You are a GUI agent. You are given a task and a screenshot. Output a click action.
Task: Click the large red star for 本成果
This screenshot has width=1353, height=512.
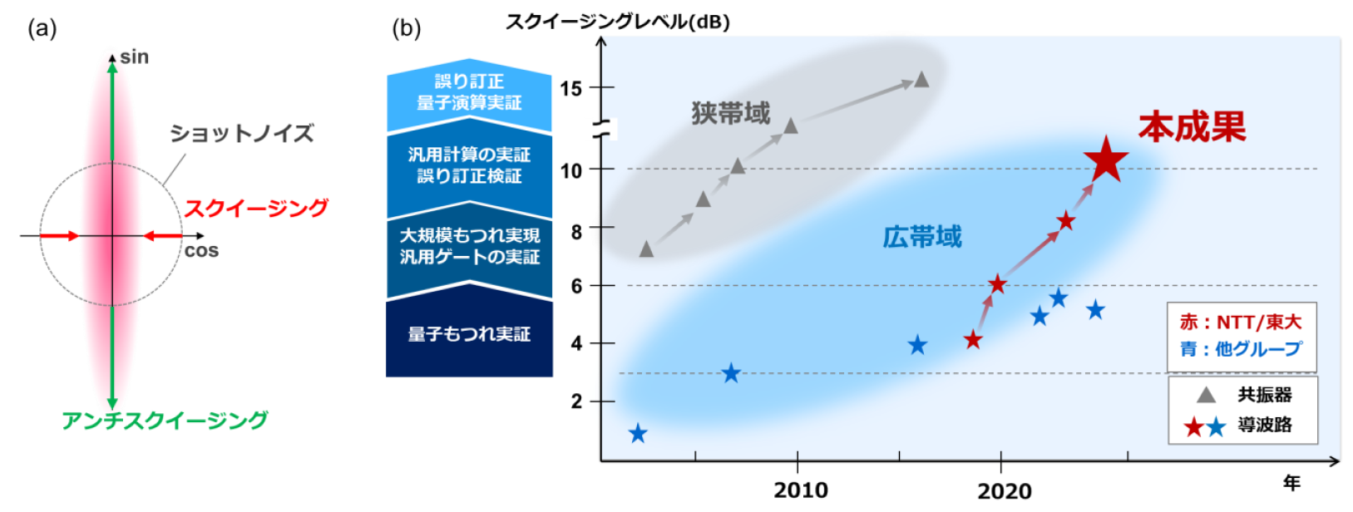click(x=1106, y=160)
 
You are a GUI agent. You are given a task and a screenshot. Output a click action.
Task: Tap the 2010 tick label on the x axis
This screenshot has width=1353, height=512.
click(x=800, y=490)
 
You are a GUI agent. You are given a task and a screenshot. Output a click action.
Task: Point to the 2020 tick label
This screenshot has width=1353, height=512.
click(x=1004, y=490)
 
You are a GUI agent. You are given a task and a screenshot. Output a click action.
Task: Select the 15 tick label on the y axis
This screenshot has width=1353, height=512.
click(x=570, y=88)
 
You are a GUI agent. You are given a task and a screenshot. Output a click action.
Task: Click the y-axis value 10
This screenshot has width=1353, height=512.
click(x=570, y=170)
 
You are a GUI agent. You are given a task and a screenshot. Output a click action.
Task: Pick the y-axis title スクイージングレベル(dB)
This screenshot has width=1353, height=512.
click(x=618, y=22)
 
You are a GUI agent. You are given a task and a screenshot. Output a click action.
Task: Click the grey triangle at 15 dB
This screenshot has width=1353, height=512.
click(x=921, y=80)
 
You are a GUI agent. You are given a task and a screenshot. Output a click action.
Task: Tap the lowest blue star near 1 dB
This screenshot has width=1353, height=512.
click(x=638, y=434)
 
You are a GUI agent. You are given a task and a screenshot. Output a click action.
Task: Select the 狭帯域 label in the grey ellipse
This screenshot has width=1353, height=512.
click(x=731, y=114)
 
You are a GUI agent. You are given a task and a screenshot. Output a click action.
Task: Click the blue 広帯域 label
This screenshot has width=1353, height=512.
click(x=921, y=238)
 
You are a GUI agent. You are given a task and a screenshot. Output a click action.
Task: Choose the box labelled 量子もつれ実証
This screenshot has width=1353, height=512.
click(x=469, y=334)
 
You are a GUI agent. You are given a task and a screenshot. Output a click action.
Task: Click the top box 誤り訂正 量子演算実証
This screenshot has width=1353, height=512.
click(x=469, y=92)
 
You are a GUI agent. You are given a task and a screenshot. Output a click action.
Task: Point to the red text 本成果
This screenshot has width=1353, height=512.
click(x=1192, y=127)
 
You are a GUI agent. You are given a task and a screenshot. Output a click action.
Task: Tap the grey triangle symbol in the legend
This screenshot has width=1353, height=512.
click(x=1206, y=396)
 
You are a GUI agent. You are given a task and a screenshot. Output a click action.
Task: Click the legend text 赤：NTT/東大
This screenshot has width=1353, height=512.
click(x=1240, y=322)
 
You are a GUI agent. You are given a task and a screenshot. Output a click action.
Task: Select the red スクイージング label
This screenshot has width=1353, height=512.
click(x=256, y=208)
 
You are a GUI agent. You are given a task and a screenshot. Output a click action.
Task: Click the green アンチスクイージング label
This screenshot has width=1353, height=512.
click(x=165, y=421)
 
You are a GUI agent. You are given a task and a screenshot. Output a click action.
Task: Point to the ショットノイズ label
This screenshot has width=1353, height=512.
click(x=242, y=134)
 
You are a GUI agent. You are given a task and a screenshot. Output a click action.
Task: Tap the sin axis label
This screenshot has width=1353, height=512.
click(x=134, y=57)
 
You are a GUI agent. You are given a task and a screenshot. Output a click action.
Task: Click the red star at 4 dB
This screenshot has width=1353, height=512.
click(x=973, y=340)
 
